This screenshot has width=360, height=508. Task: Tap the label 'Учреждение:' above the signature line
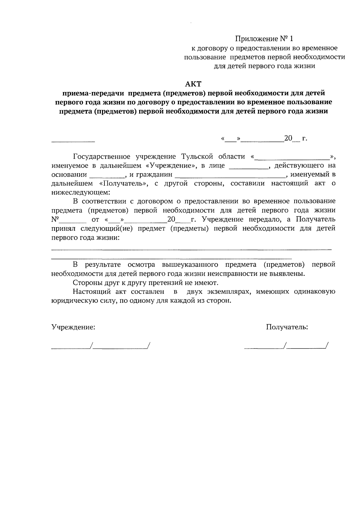click(73, 327)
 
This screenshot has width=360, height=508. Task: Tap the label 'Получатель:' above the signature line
click(287, 327)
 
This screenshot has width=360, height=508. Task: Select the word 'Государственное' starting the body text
click(102, 156)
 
